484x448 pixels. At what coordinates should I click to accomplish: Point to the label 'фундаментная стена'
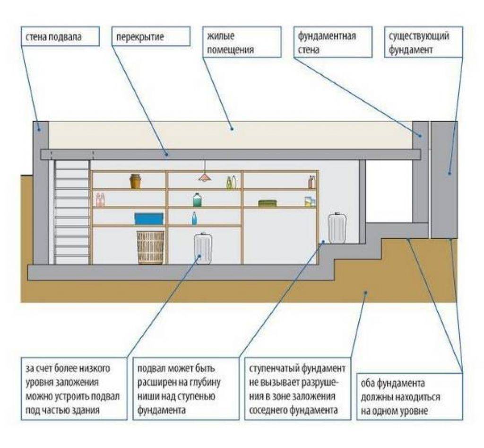[x=327, y=43]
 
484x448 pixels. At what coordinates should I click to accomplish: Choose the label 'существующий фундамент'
[x=419, y=43]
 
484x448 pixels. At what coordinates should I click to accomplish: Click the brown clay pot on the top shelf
[x=136, y=181]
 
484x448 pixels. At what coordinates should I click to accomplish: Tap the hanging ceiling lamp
[x=205, y=176]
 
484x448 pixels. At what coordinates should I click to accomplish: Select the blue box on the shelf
[x=149, y=218]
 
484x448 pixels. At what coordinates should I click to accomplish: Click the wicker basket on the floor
[x=151, y=247]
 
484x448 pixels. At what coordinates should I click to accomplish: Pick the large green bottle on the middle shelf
[x=197, y=200]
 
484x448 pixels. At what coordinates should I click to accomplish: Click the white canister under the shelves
[x=203, y=248]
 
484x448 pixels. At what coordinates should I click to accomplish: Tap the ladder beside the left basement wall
[x=72, y=211]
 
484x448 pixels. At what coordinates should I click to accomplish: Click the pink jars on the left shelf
[x=100, y=200]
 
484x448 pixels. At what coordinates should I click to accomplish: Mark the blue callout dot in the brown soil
[x=365, y=293]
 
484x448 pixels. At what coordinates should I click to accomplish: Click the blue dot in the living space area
[x=232, y=127]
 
